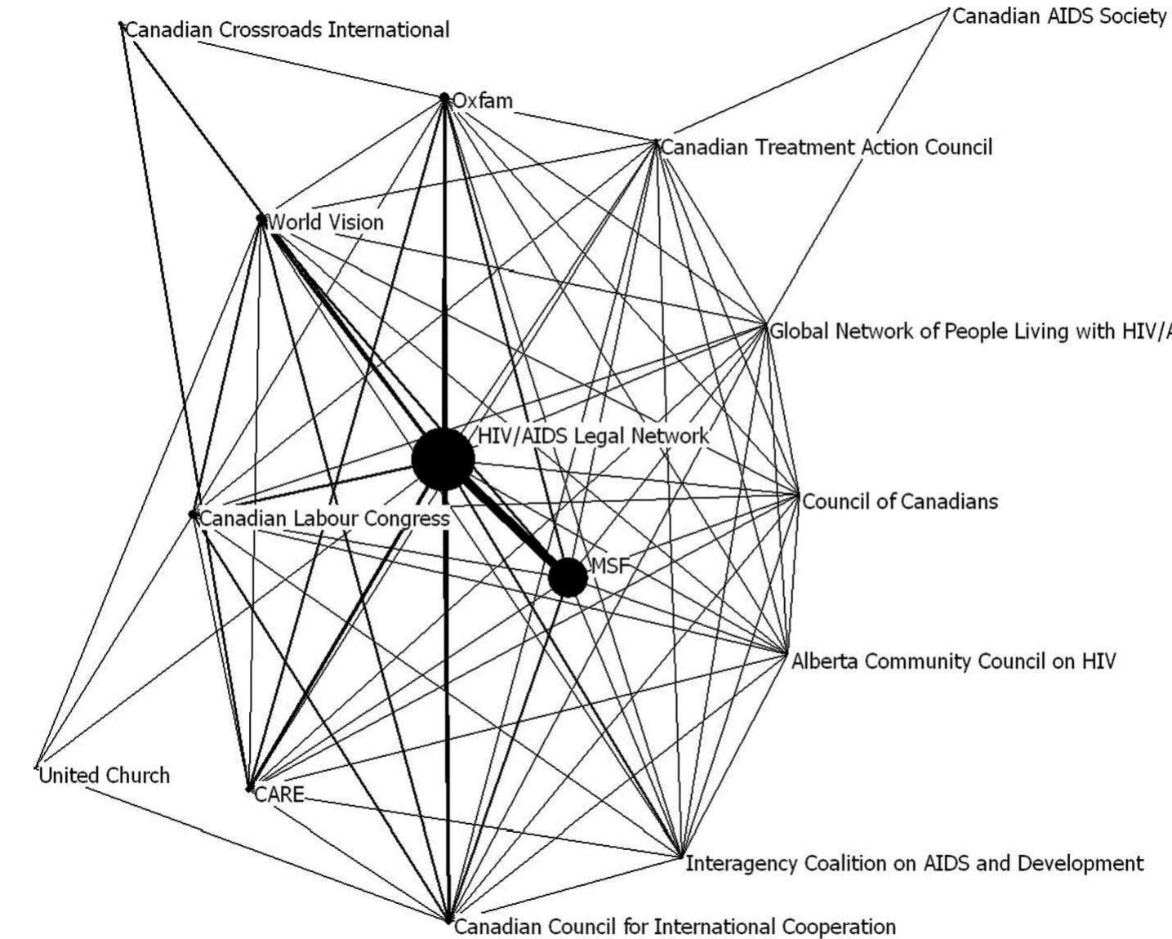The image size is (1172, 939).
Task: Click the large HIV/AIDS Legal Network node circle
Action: point(443,460)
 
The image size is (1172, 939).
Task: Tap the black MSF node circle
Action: point(568,577)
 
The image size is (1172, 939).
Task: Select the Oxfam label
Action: point(483,101)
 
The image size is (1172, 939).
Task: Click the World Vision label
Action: point(326,222)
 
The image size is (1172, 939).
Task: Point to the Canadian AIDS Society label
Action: point(1058,16)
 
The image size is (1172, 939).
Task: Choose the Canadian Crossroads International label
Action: point(287,30)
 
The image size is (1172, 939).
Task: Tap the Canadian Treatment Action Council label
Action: point(827,148)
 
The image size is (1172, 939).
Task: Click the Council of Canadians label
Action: point(900,501)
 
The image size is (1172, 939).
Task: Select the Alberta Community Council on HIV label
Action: point(953,661)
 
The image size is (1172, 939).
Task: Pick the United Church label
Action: point(105,775)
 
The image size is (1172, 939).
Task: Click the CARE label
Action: point(279,794)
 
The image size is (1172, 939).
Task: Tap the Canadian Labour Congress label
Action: point(325,518)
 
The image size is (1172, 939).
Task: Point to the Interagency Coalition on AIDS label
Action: point(914,863)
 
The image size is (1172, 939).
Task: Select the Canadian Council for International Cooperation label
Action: point(675,927)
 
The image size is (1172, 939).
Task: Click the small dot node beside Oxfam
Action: point(444,97)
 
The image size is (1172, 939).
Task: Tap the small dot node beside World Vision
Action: point(261,219)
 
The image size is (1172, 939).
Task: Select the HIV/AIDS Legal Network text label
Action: point(593,436)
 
